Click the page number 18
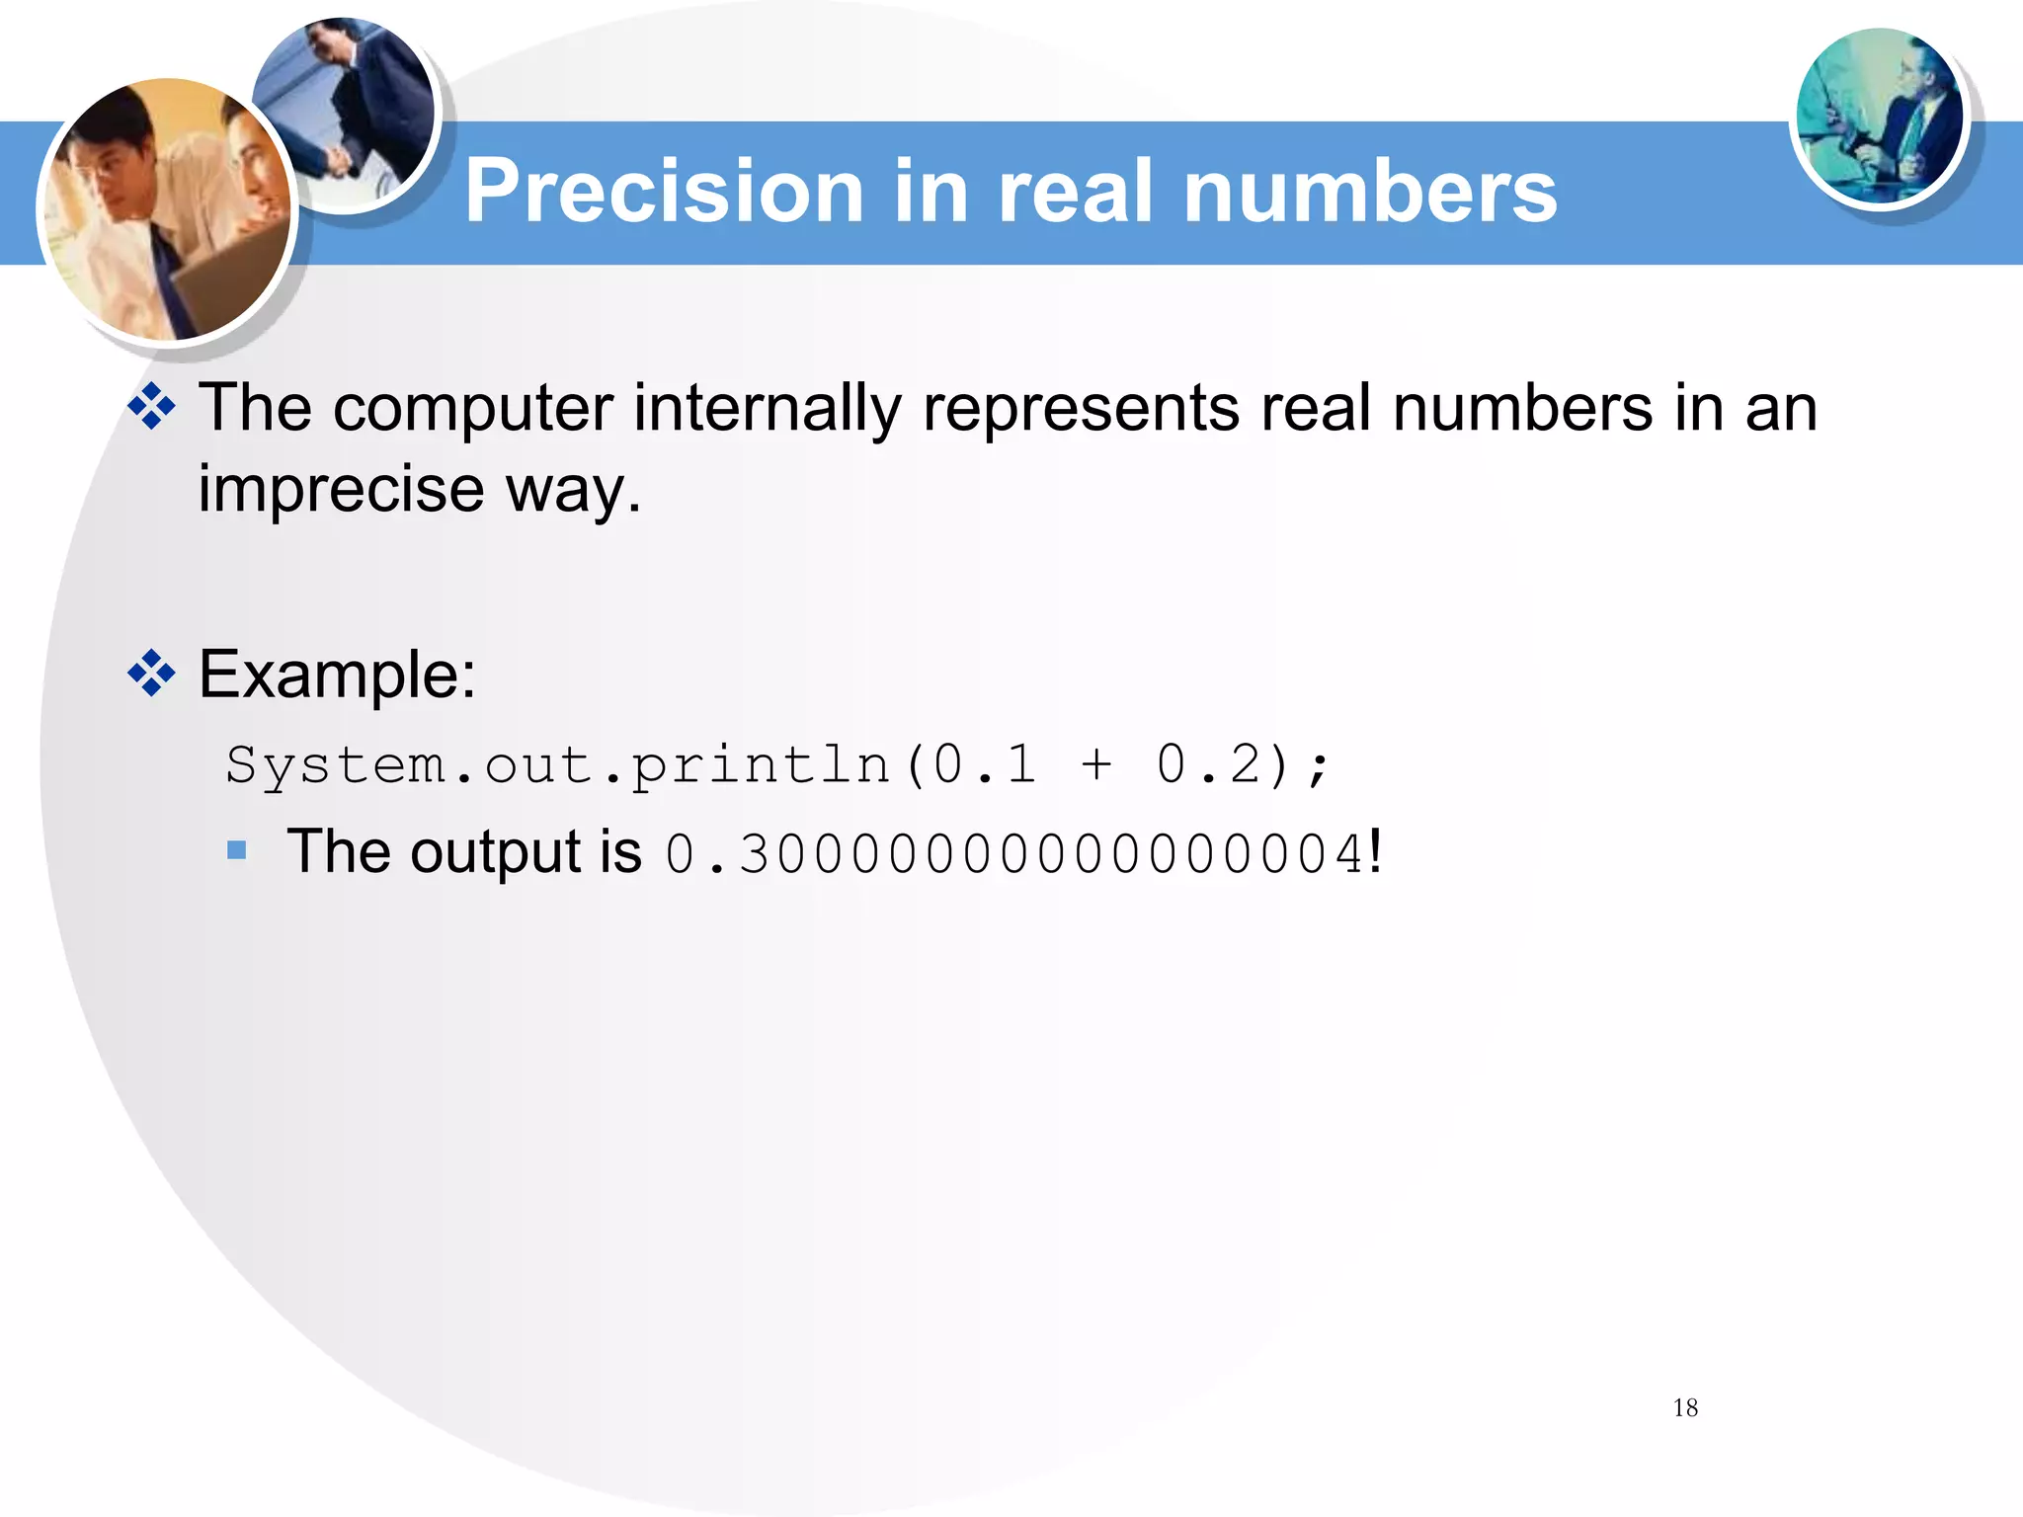click(1685, 1407)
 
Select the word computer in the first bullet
click(473, 408)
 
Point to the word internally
click(767, 408)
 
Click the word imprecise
click(341, 488)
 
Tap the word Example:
click(338, 675)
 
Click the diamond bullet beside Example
click(151, 675)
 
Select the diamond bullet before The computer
click(151, 407)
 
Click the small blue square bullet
click(237, 850)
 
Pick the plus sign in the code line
click(1095, 764)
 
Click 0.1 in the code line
click(985, 764)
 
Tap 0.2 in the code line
click(1208, 764)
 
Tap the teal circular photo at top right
click(1880, 117)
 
